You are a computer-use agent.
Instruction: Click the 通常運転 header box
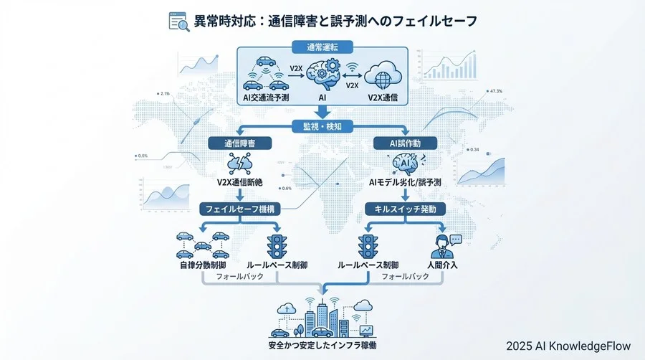pyautogui.click(x=322, y=47)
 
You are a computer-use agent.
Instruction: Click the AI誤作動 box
pyautogui.click(x=406, y=143)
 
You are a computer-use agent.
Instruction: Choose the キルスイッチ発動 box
pyautogui.click(x=406, y=209)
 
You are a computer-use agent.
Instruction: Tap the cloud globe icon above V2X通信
pyautogui.click(x=381, y=75)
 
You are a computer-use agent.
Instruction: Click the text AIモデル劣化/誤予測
pyautogui.click(x=405, y=184)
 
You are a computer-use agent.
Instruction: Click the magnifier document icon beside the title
pyautogui.click(x=178, y=22)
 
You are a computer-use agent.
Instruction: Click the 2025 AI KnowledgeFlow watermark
pyautogui.click(x=571, y=346)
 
